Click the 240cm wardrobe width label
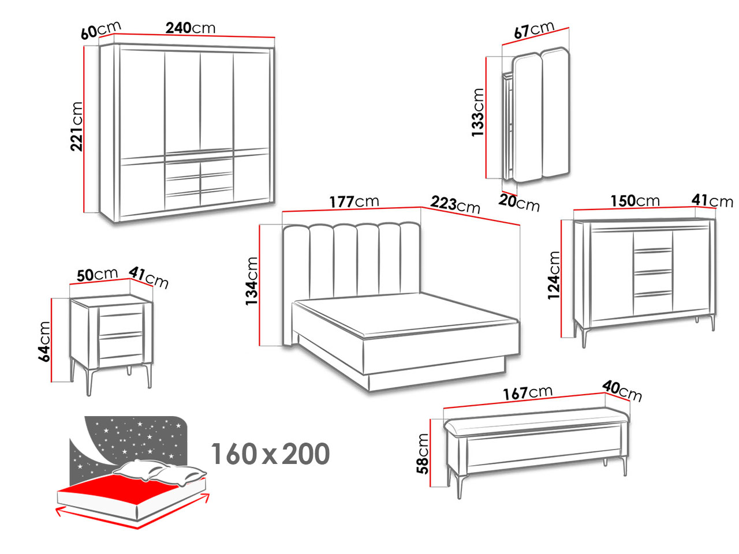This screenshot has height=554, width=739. [x=190, y=28]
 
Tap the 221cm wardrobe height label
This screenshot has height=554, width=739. [x=77, y=126]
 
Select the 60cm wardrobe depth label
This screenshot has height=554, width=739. [x=100, y=30]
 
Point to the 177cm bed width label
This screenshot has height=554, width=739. [x=354, y=202]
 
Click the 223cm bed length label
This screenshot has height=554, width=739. [x=455, y=204]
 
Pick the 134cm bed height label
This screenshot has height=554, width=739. [x=252, y=281]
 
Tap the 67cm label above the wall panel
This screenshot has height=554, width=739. [x=534, y=29]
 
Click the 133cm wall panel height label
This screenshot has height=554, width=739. [x=477, y=113]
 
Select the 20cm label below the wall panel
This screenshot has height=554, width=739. [x=519, y=203]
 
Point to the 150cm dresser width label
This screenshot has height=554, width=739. [x=635, y=201]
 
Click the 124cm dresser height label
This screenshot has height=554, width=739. [x=553, y=275]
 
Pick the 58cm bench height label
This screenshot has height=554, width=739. [x=423, y=454]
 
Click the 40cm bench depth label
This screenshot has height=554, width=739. [x=622, y=391]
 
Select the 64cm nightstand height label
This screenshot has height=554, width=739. [x=44, y=342]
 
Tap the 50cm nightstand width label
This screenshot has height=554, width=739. [x=97, y=275]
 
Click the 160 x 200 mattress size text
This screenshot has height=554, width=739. [x=270, y=454]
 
